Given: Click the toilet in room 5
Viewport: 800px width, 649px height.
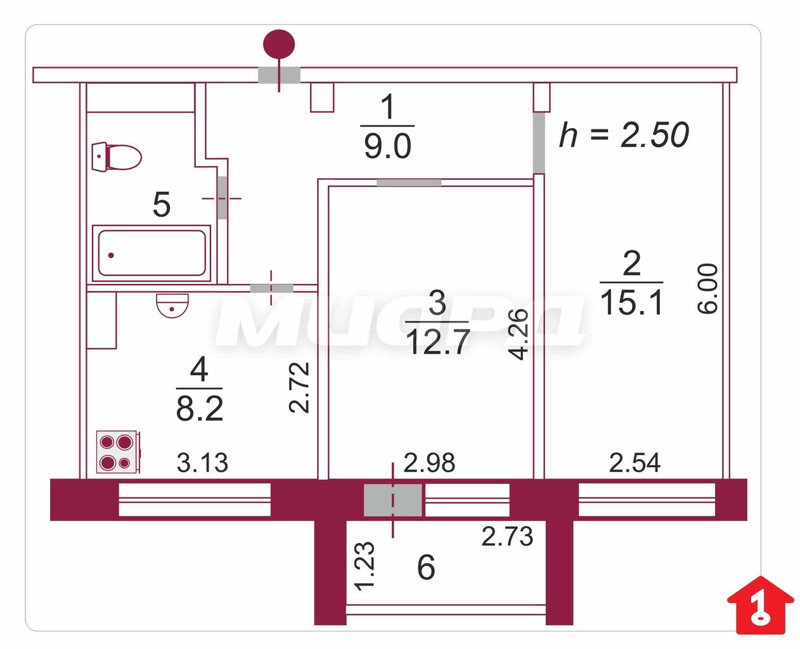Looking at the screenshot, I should click(x=117, y=157).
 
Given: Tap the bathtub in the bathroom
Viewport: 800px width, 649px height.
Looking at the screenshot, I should click(x=152, y=253).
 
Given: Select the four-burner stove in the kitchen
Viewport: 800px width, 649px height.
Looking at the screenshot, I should click(x=118, y=452).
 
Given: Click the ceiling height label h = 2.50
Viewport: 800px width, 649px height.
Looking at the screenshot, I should click(x=624, y=135).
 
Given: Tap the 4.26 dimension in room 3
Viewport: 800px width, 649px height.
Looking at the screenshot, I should click(x=519, y=334).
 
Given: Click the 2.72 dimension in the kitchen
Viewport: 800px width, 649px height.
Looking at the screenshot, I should click(x=299, y=387).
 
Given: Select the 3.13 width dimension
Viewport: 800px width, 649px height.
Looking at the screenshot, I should click(x=202, y=463).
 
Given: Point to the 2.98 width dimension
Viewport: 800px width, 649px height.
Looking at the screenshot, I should click(x=429, y=463).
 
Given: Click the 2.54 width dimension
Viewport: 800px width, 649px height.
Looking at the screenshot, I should click(x=635, y=463).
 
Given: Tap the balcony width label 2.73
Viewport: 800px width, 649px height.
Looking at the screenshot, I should click(x=507, y=537).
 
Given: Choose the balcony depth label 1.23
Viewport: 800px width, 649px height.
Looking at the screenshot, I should click(x=365, y=566).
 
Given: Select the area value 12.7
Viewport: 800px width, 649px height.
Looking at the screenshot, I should click(x=437, y=343).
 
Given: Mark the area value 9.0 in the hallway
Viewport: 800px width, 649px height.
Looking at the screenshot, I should click(x=387, y=147).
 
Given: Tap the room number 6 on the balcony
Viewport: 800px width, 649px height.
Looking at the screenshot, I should click(x=426, y=567).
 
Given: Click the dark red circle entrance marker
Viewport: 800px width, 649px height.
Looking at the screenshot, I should click(x=279, y=44).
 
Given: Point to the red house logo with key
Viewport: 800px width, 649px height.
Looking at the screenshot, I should click(x=760, y=605).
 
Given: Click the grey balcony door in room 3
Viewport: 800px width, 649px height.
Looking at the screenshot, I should click(x=392, y=500).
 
